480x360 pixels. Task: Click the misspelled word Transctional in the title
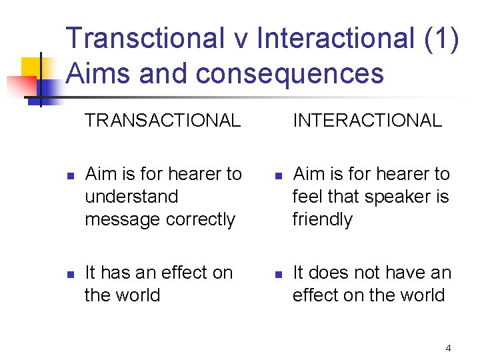[x=145, y=39]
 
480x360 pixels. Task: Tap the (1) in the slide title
[x=441, y=39]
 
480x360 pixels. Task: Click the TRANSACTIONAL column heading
[x=163, y=121]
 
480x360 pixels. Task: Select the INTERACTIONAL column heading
[x=367, y=121]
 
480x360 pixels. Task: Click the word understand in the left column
[x=131, y=197]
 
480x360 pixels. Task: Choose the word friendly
[x=323, y=219]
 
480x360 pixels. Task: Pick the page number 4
[x=448, y=348]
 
